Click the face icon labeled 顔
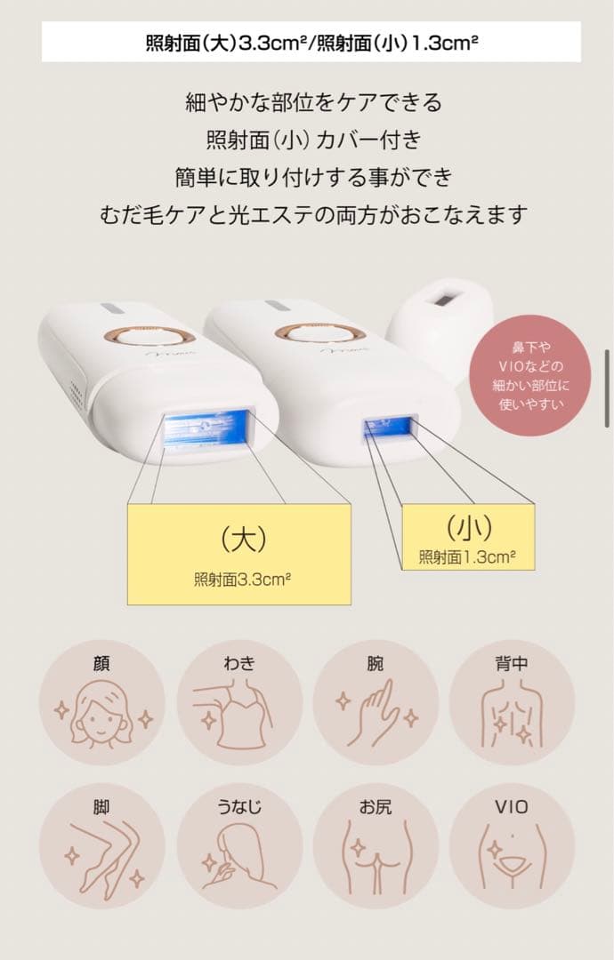click(101, 702)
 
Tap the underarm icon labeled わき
click(239, 702)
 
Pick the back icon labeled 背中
click(512, 702)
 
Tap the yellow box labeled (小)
click(468, 537)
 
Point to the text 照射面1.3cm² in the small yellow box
click(468, 558)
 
